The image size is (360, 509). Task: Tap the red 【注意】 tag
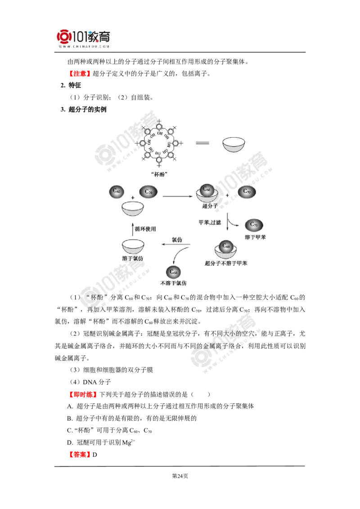click(x=80, y=74)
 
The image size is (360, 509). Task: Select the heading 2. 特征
click(x=71, y=85)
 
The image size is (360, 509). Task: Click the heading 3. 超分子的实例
click(x=84, y=109)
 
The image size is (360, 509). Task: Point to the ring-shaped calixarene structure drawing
click(x=159, y=143)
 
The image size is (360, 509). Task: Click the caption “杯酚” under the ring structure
click(x=159, y=174)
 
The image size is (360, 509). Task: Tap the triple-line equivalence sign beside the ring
click(x=202, y=143)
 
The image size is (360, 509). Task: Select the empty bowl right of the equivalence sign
click(x=234, y=144)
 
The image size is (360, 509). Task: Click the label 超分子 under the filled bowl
click(x=210, y=206)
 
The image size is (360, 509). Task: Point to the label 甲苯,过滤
click(x=210, y=223)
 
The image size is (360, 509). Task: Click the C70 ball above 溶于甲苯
click(x=254, y=225)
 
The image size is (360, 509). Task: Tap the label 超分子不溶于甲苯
click(x=226, y=263)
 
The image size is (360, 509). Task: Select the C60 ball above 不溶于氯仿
click(x=174, y=272)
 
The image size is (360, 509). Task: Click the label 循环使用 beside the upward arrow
click(x=145, y=229)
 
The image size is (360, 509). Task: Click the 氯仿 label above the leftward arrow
click(x=177, y=240)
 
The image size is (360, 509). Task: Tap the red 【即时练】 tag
click(x=83, y=394)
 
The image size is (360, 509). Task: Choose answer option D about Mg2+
click(x=101, y=442)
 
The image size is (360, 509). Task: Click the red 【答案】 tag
click(x=80, y=455)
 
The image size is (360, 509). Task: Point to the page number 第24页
click(x=180, y=476)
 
